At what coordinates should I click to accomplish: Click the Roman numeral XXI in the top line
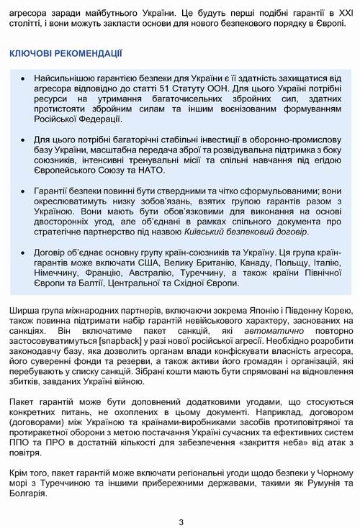click(330, 12)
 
